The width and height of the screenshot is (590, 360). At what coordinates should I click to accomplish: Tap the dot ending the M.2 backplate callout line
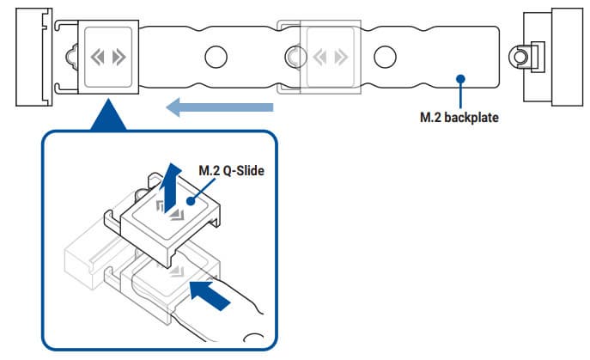(x=460, y=78)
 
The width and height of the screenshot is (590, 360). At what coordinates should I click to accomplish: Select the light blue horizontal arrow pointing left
(x=220, y=107)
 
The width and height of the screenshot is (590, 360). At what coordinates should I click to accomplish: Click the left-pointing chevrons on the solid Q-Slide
(x=98, y=58)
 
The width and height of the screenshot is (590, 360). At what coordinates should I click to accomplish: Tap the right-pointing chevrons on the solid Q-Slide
(x=119, y=58)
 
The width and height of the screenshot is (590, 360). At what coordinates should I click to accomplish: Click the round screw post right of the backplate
(x=518, y=57)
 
